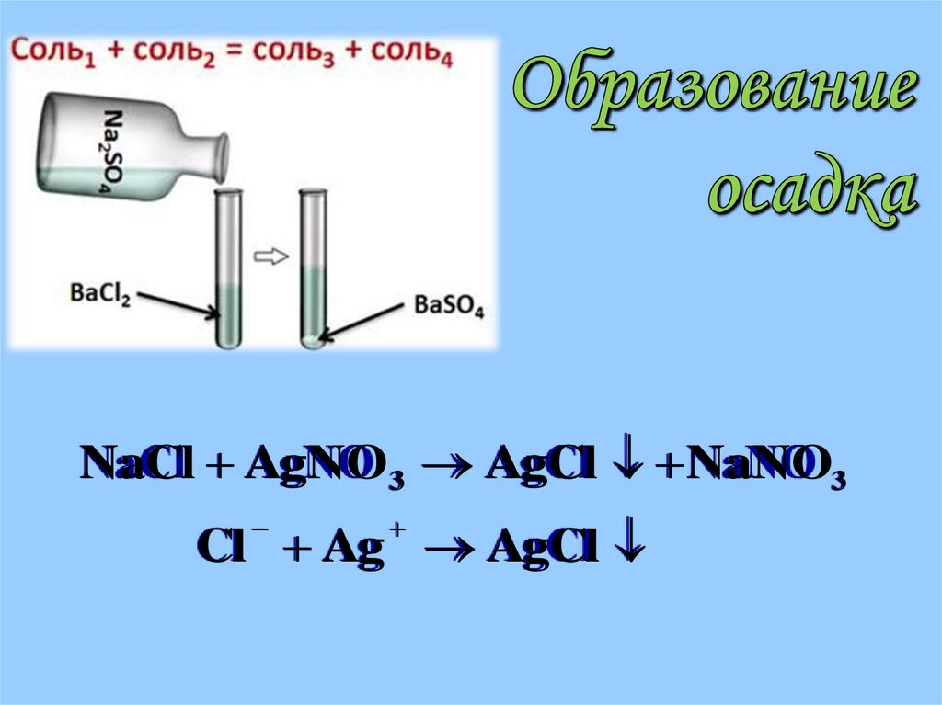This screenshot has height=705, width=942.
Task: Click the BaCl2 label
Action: pyautogui.click(x=100, y=296)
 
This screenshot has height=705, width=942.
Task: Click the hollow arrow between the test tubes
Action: pyautogui.click(x=270, y=257)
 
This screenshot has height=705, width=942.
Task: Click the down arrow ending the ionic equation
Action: pyautogui.click(x=632, y=549)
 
